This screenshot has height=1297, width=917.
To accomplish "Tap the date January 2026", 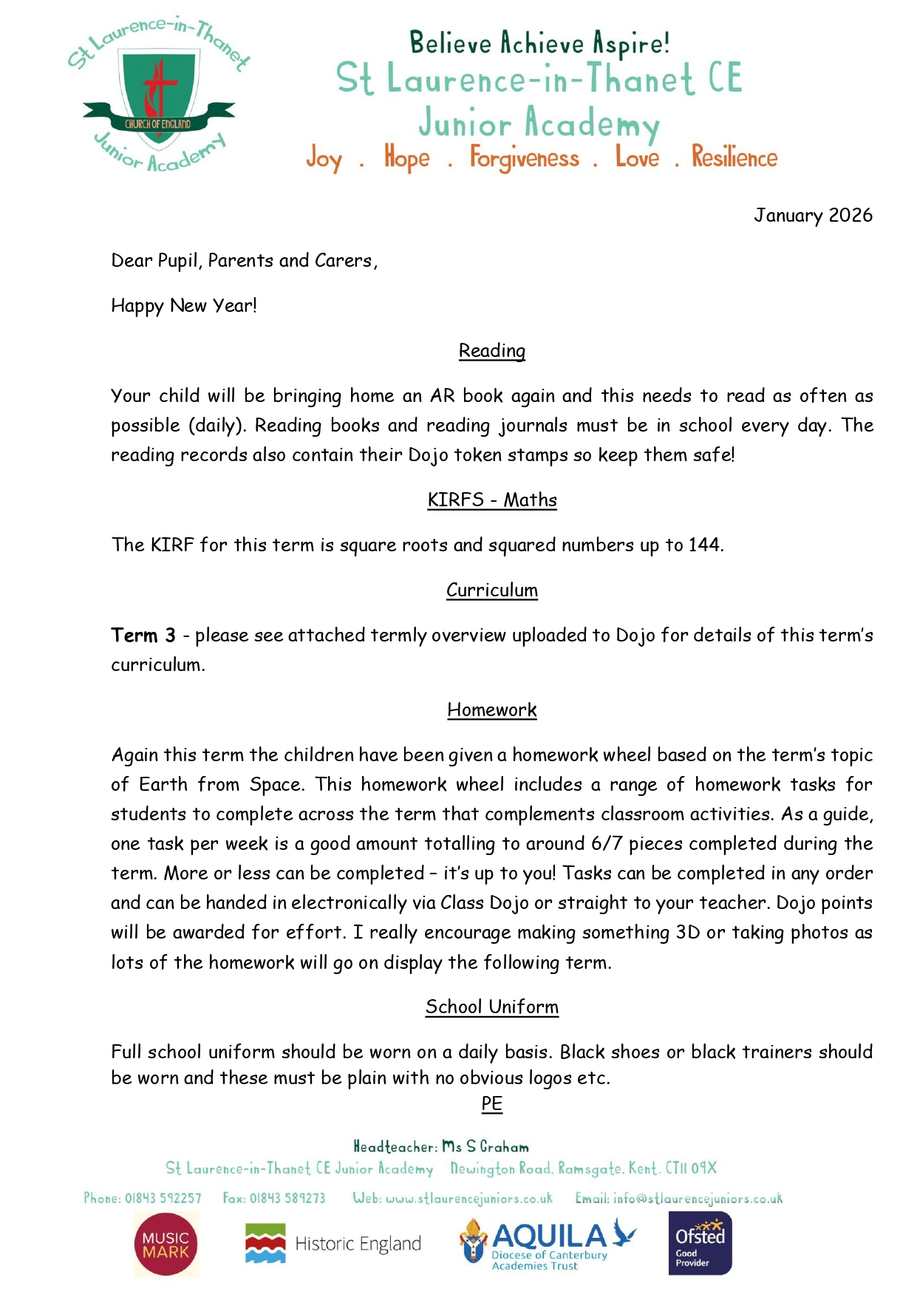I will pos(813,215).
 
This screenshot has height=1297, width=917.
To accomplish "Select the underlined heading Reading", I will pos(491,350).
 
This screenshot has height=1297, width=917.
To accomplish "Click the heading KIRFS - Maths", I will pos(491,500).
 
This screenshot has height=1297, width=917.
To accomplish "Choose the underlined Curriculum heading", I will pos(491,590).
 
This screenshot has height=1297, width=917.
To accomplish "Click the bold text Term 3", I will pos(143,635).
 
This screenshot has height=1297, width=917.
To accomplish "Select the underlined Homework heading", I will pos(491,709).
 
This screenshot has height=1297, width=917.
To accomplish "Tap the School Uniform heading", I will pos(491,1007).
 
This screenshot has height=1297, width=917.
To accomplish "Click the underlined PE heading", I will pos(491,1103).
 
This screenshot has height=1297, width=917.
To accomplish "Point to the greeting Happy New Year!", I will pos(184,305).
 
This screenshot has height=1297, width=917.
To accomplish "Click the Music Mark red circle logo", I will pos(166,1245).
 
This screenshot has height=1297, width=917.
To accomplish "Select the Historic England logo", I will pos(333,1244).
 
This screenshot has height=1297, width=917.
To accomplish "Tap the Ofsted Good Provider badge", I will pos(700,1244).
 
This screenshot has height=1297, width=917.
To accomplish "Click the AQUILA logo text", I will pos(549,1236).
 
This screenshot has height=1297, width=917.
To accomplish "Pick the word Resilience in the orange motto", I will pos(734,157).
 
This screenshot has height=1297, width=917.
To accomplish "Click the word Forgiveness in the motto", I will pos(524,158).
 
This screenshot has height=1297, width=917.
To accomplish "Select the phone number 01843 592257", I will pos(163,1198).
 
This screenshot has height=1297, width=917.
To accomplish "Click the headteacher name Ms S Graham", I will pos(485,1146).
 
